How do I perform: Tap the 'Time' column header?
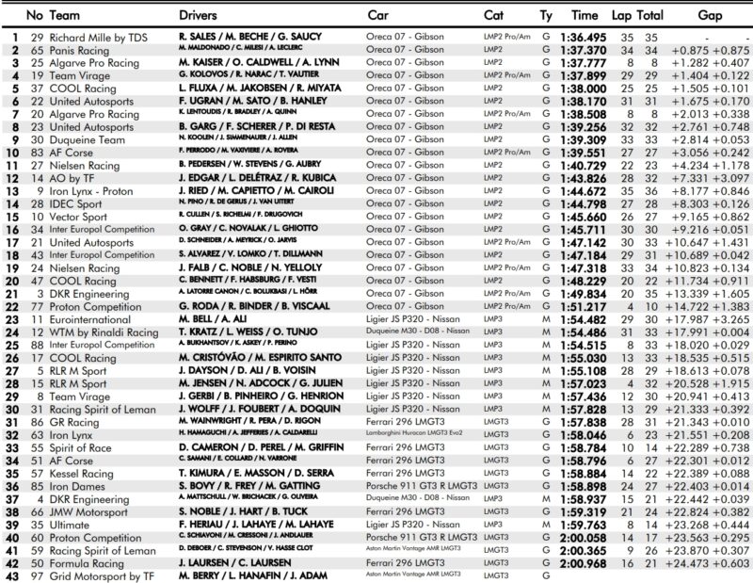tap(585, 16)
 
